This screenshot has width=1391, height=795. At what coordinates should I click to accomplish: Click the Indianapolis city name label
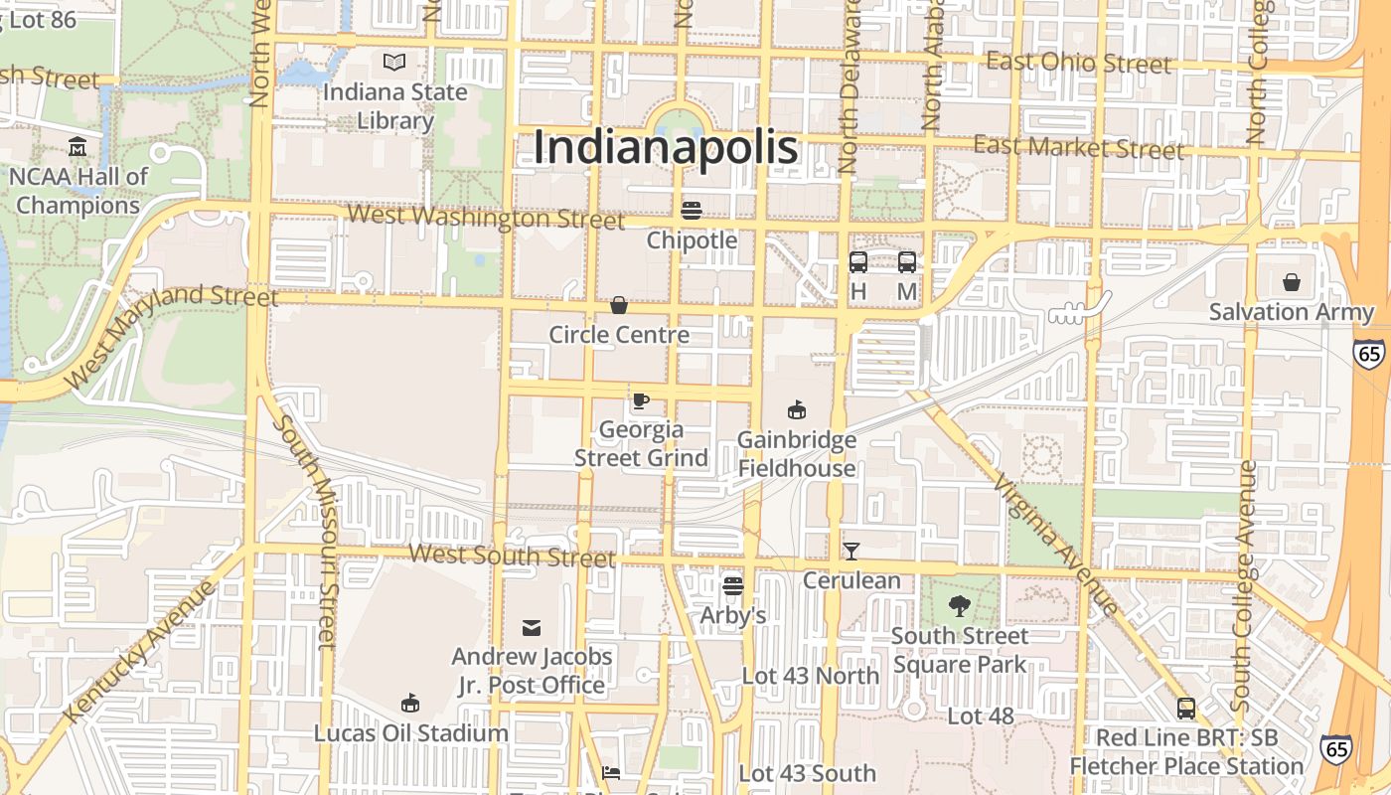665,147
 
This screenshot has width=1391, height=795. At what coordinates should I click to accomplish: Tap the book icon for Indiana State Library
394,63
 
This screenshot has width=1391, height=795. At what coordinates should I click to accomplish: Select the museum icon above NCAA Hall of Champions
77,148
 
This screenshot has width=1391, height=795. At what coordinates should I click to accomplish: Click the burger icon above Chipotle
692,211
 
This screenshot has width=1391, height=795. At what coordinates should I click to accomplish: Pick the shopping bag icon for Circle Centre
619,305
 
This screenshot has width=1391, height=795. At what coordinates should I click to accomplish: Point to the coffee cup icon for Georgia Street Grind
641,400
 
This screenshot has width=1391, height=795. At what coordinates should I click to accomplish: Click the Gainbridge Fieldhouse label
796,454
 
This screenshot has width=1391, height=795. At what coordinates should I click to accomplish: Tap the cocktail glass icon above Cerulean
851,552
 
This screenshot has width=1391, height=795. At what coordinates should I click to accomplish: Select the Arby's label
733,616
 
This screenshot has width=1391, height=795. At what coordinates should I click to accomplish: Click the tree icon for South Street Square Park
960,606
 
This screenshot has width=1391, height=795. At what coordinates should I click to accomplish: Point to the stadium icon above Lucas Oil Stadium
409,704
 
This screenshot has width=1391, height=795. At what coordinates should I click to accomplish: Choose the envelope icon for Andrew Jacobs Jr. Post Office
532,627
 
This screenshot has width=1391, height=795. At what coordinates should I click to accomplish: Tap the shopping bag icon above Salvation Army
1291,283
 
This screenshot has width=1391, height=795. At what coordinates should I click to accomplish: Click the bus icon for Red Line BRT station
1186,709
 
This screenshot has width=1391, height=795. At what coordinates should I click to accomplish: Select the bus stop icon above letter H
858,262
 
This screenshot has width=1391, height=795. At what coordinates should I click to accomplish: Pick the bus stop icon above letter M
907,262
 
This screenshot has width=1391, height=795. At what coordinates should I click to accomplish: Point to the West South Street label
512,556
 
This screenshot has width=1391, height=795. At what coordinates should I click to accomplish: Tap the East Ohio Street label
1079,63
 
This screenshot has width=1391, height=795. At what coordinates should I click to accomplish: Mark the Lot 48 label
980,716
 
